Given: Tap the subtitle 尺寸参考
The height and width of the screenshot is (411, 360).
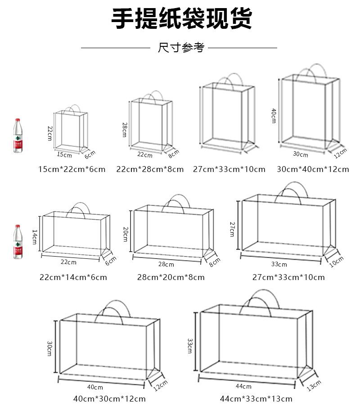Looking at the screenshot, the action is tap(181, 47).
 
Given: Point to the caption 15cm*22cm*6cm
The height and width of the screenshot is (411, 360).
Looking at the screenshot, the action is tap(72, 169).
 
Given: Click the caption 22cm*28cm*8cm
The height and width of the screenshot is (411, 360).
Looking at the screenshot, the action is tap(150, 169).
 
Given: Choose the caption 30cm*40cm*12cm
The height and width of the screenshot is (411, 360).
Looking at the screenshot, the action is tap(313, 169).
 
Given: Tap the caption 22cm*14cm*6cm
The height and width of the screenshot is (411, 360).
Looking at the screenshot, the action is tap(73, 277).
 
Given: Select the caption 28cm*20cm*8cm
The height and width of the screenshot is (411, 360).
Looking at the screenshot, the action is tap(171, 277).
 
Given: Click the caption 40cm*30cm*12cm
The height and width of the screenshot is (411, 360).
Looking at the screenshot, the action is tap(109, 398).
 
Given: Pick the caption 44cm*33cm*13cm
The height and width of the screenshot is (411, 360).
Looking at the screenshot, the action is tap(256, 398).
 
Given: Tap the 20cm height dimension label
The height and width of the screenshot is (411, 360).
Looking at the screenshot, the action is tap(126, 234).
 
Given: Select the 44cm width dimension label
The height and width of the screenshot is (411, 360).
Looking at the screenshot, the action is tap(243, 386).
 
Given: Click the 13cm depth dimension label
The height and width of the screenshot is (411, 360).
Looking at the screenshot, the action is tap(314, 386).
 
